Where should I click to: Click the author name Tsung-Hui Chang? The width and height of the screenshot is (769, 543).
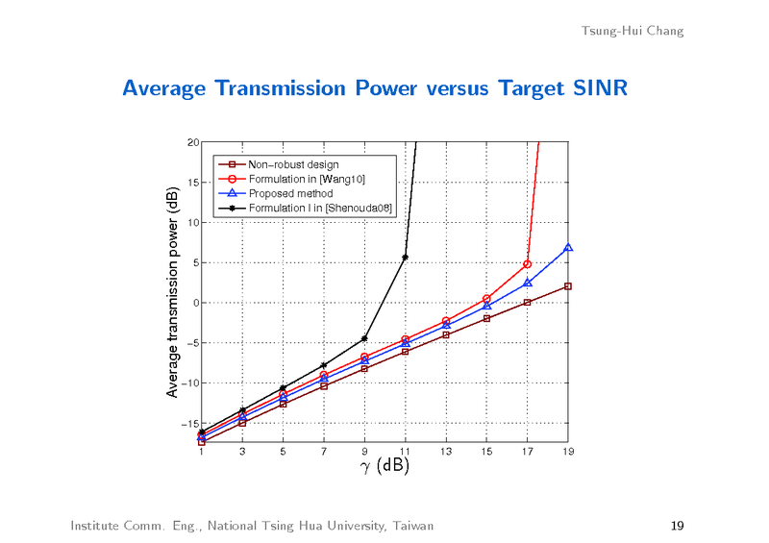pos(633,31)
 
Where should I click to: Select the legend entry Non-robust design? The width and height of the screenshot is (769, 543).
pos(293,164)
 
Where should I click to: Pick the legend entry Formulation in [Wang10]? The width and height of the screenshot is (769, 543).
pos(307,179)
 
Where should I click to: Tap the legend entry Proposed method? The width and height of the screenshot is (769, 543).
pos(290,193)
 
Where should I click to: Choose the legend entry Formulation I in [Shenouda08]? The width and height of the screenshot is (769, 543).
pos(320,208)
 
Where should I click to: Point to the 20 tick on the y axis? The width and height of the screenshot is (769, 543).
pos(193,142)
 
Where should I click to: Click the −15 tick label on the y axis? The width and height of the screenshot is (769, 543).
pos(190,424)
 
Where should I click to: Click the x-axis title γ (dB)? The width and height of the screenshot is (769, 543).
pos(384,467)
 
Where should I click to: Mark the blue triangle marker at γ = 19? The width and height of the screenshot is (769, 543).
pos(568,248)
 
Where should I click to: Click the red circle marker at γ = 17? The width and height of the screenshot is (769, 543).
pos(528,264)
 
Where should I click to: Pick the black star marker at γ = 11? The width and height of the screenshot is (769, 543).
pos(406,258)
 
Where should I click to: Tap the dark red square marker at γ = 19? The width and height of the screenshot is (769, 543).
pos(568,286)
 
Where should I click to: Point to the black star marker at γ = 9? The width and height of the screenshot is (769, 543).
pos(364,338)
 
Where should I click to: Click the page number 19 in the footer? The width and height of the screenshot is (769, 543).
pos(677,526)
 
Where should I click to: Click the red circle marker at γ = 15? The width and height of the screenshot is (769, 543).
pos(487,299)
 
